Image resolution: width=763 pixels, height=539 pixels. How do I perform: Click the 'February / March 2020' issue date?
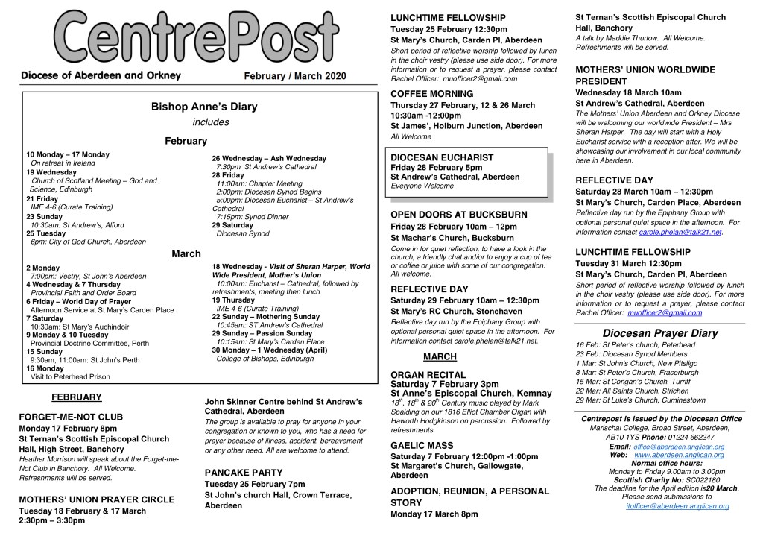295,76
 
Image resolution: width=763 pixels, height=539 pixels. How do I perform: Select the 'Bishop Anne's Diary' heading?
203,107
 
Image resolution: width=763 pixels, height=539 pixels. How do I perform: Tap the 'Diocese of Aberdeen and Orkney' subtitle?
101,75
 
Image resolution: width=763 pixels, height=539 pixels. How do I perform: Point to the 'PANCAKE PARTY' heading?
244,473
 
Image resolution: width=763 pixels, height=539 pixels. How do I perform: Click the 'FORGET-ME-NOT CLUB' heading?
71,417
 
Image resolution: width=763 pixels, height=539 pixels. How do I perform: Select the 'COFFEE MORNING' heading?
432,94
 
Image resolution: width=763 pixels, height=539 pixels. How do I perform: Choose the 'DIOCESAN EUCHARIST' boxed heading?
442,157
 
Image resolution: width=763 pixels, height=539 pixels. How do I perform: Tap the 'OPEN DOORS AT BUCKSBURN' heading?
459,215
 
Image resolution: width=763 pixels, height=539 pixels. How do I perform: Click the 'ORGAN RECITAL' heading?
428,375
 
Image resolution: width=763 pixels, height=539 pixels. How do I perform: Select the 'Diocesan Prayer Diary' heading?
660,333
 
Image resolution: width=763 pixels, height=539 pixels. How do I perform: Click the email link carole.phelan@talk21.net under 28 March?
680,232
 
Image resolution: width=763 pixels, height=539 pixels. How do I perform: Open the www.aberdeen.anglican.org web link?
679,455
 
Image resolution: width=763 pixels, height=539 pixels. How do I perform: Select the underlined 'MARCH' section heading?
440,357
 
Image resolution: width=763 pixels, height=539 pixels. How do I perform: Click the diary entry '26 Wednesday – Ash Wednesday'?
269,158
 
